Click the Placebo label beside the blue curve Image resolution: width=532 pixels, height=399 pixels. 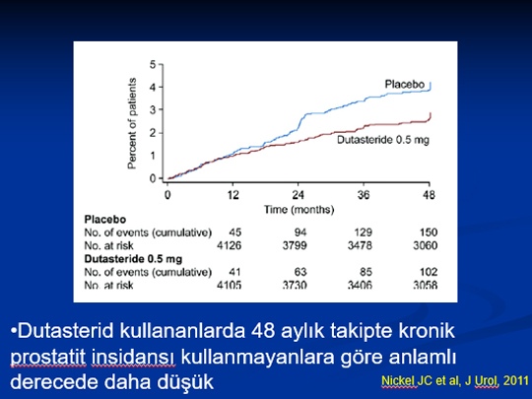click(405, 84)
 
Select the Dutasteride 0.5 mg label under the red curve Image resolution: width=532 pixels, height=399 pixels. click(383, 140)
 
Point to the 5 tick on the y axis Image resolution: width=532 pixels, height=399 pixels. click(153, 64)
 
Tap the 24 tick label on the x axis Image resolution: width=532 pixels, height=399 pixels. click(298, 195)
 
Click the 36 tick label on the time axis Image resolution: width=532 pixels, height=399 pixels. click(363, 195)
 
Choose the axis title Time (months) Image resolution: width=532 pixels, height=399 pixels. click(299, 209)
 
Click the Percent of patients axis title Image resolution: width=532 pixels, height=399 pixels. click(132, 123)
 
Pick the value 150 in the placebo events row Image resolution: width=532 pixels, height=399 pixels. click(429, 233)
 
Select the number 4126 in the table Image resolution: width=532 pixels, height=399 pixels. click(229, 245)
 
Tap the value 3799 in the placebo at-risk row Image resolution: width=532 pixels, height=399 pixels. click(295, 245)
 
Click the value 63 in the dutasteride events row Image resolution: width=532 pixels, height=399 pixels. click(300, 272)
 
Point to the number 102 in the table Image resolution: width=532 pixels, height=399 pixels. click(429, 272)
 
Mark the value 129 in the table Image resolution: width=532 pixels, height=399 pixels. click(363, 233)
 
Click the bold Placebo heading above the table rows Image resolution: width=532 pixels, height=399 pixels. click(105, 220)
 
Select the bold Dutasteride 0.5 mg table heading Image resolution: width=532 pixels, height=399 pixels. click(133, 259)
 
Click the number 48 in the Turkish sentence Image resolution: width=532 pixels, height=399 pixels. click(263, 331)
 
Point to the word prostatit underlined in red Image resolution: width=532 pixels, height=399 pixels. click(48, 357)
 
